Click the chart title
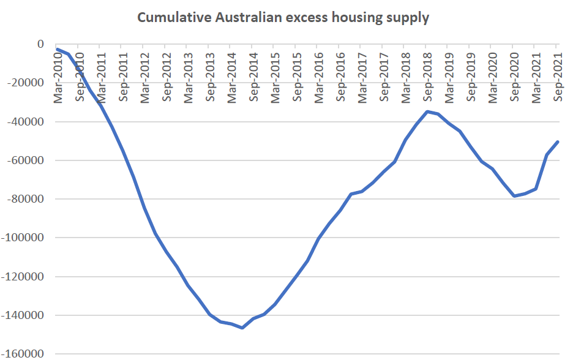(283, 17)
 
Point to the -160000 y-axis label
(24, 354)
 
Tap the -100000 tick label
(24, 238)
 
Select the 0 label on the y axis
(40, 44)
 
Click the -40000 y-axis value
(26, 121)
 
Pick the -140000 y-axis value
(24, 315)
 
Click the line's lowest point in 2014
(242, 328)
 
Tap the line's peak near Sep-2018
(427, 111)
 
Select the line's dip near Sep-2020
(514, 196)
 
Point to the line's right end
(558, 141)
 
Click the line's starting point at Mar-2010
(58, 49)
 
